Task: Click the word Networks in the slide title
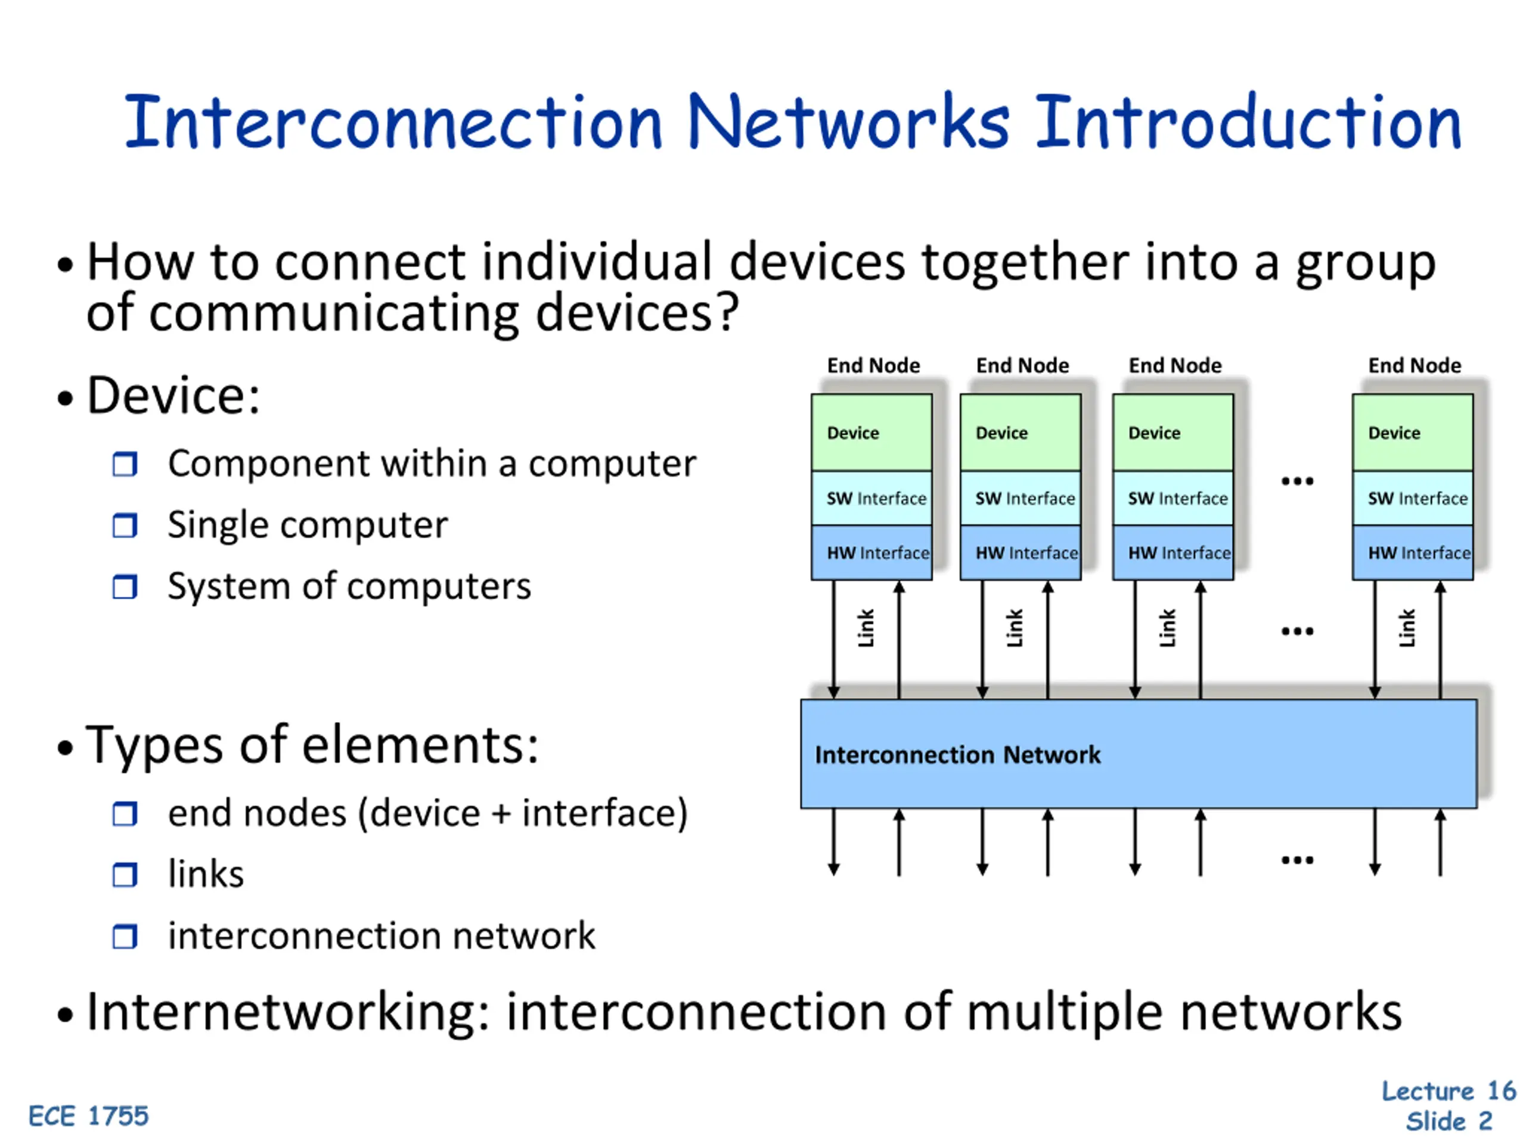(x=849, y=123)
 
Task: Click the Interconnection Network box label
(x=957, y=755)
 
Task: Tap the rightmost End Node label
(x=1415, y=365)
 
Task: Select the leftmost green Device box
(x=871, y=433)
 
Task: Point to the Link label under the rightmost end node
(x=1407, y=628)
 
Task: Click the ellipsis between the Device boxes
(x=1297, y=481)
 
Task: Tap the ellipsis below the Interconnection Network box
(x=1297, y=860)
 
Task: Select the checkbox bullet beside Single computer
(x=125, y=526)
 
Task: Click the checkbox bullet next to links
(x=125, y=875)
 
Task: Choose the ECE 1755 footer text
(x=88, y=1116)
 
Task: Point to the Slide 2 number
(x=1449, y=1122)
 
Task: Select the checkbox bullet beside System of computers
(x=125, y=587)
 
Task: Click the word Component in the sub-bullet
(x=268, y=464)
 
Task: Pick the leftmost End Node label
(x=873, y=365)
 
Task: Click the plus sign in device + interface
(x=501, y=814)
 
